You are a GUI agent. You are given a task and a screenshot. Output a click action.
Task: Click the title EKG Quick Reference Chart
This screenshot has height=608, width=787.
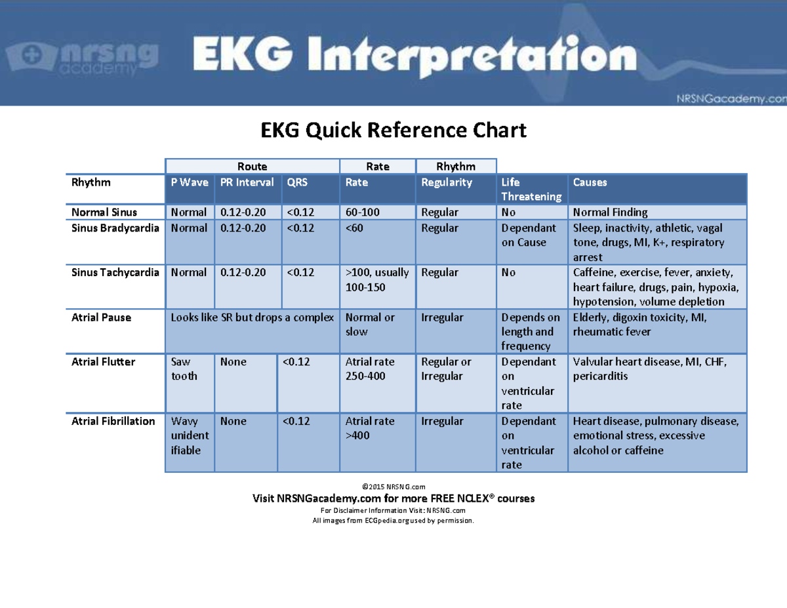click(x=393, y=131)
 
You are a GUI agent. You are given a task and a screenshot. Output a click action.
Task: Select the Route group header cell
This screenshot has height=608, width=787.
click(x=252, y=167)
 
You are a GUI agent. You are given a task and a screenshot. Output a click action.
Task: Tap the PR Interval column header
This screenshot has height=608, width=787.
click(x=247, y=183)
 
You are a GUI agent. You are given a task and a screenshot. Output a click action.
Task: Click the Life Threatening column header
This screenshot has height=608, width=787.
click(x=531, y=190)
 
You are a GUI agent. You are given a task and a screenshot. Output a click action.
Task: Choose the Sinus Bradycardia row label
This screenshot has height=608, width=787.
click(x=115, y=228)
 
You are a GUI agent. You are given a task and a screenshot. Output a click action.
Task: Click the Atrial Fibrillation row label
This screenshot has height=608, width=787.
click(x=113, y=421)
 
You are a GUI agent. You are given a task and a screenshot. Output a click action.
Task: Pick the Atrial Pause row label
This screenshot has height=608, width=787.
click(x=101, y=317)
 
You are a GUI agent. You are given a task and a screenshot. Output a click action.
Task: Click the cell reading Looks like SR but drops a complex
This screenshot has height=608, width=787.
click(x=252, y=317)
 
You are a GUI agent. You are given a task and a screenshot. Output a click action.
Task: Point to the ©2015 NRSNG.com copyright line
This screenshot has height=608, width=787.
click(x=393, y=487)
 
